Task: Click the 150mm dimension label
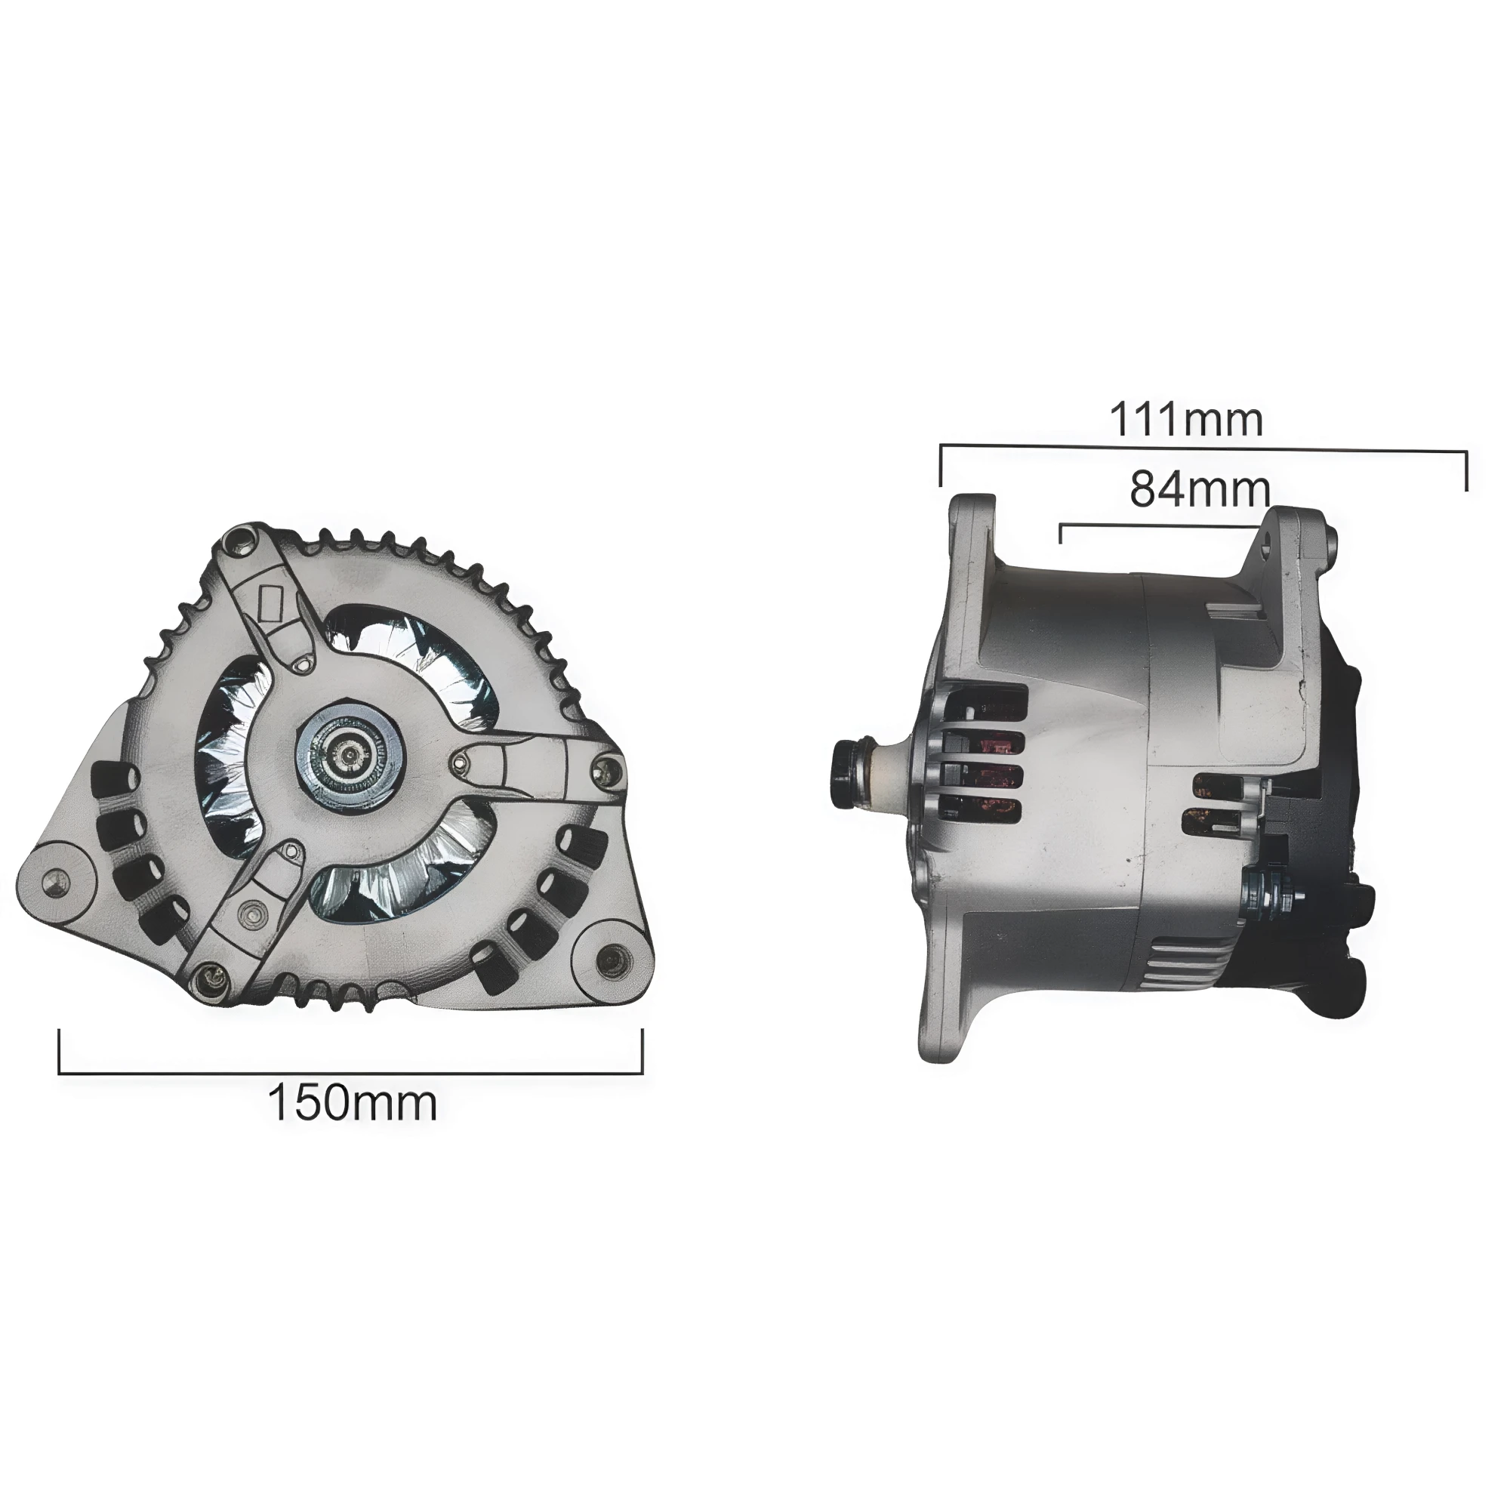[x=353, y=1103]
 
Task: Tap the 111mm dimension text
[x=1185, y=420]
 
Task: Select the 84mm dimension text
[x=1200, y=489]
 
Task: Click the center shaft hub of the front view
[x=349, y=754]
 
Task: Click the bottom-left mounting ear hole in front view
[x=54, y=880]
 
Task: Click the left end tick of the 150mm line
[x=60, y=1051]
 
